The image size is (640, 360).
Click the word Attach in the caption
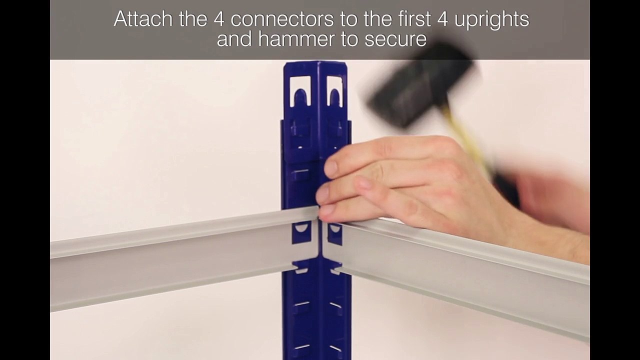[143, 19]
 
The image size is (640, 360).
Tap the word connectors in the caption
[282, 19]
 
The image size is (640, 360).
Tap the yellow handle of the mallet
[465, 140]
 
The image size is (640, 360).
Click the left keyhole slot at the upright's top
[300, 91]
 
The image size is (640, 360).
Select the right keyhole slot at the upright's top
[334, 91]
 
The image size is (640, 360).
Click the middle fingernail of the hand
[322, 195]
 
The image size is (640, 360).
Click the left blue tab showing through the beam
[300, 233]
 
